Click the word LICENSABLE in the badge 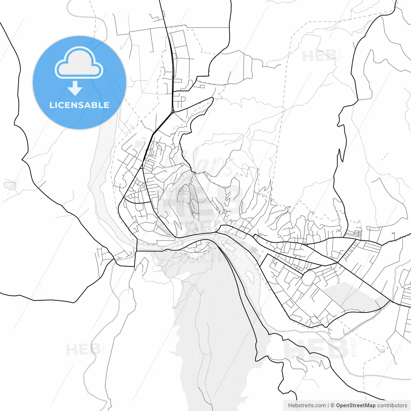pos(79,105)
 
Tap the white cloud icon pos(79,63)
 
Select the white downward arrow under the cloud pos(75,88)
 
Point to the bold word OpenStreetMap pos(355,406)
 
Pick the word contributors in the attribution pos(392,406)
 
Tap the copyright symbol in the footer pos(333,406)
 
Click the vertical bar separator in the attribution pos(328,406)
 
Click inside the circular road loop pos(309,278)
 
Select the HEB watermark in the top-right pos(320,57)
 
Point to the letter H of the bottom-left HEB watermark pos(72,350)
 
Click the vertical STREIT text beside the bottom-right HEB pos(354,347)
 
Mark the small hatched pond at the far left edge pos(10,185)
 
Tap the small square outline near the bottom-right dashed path pos(383,351)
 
